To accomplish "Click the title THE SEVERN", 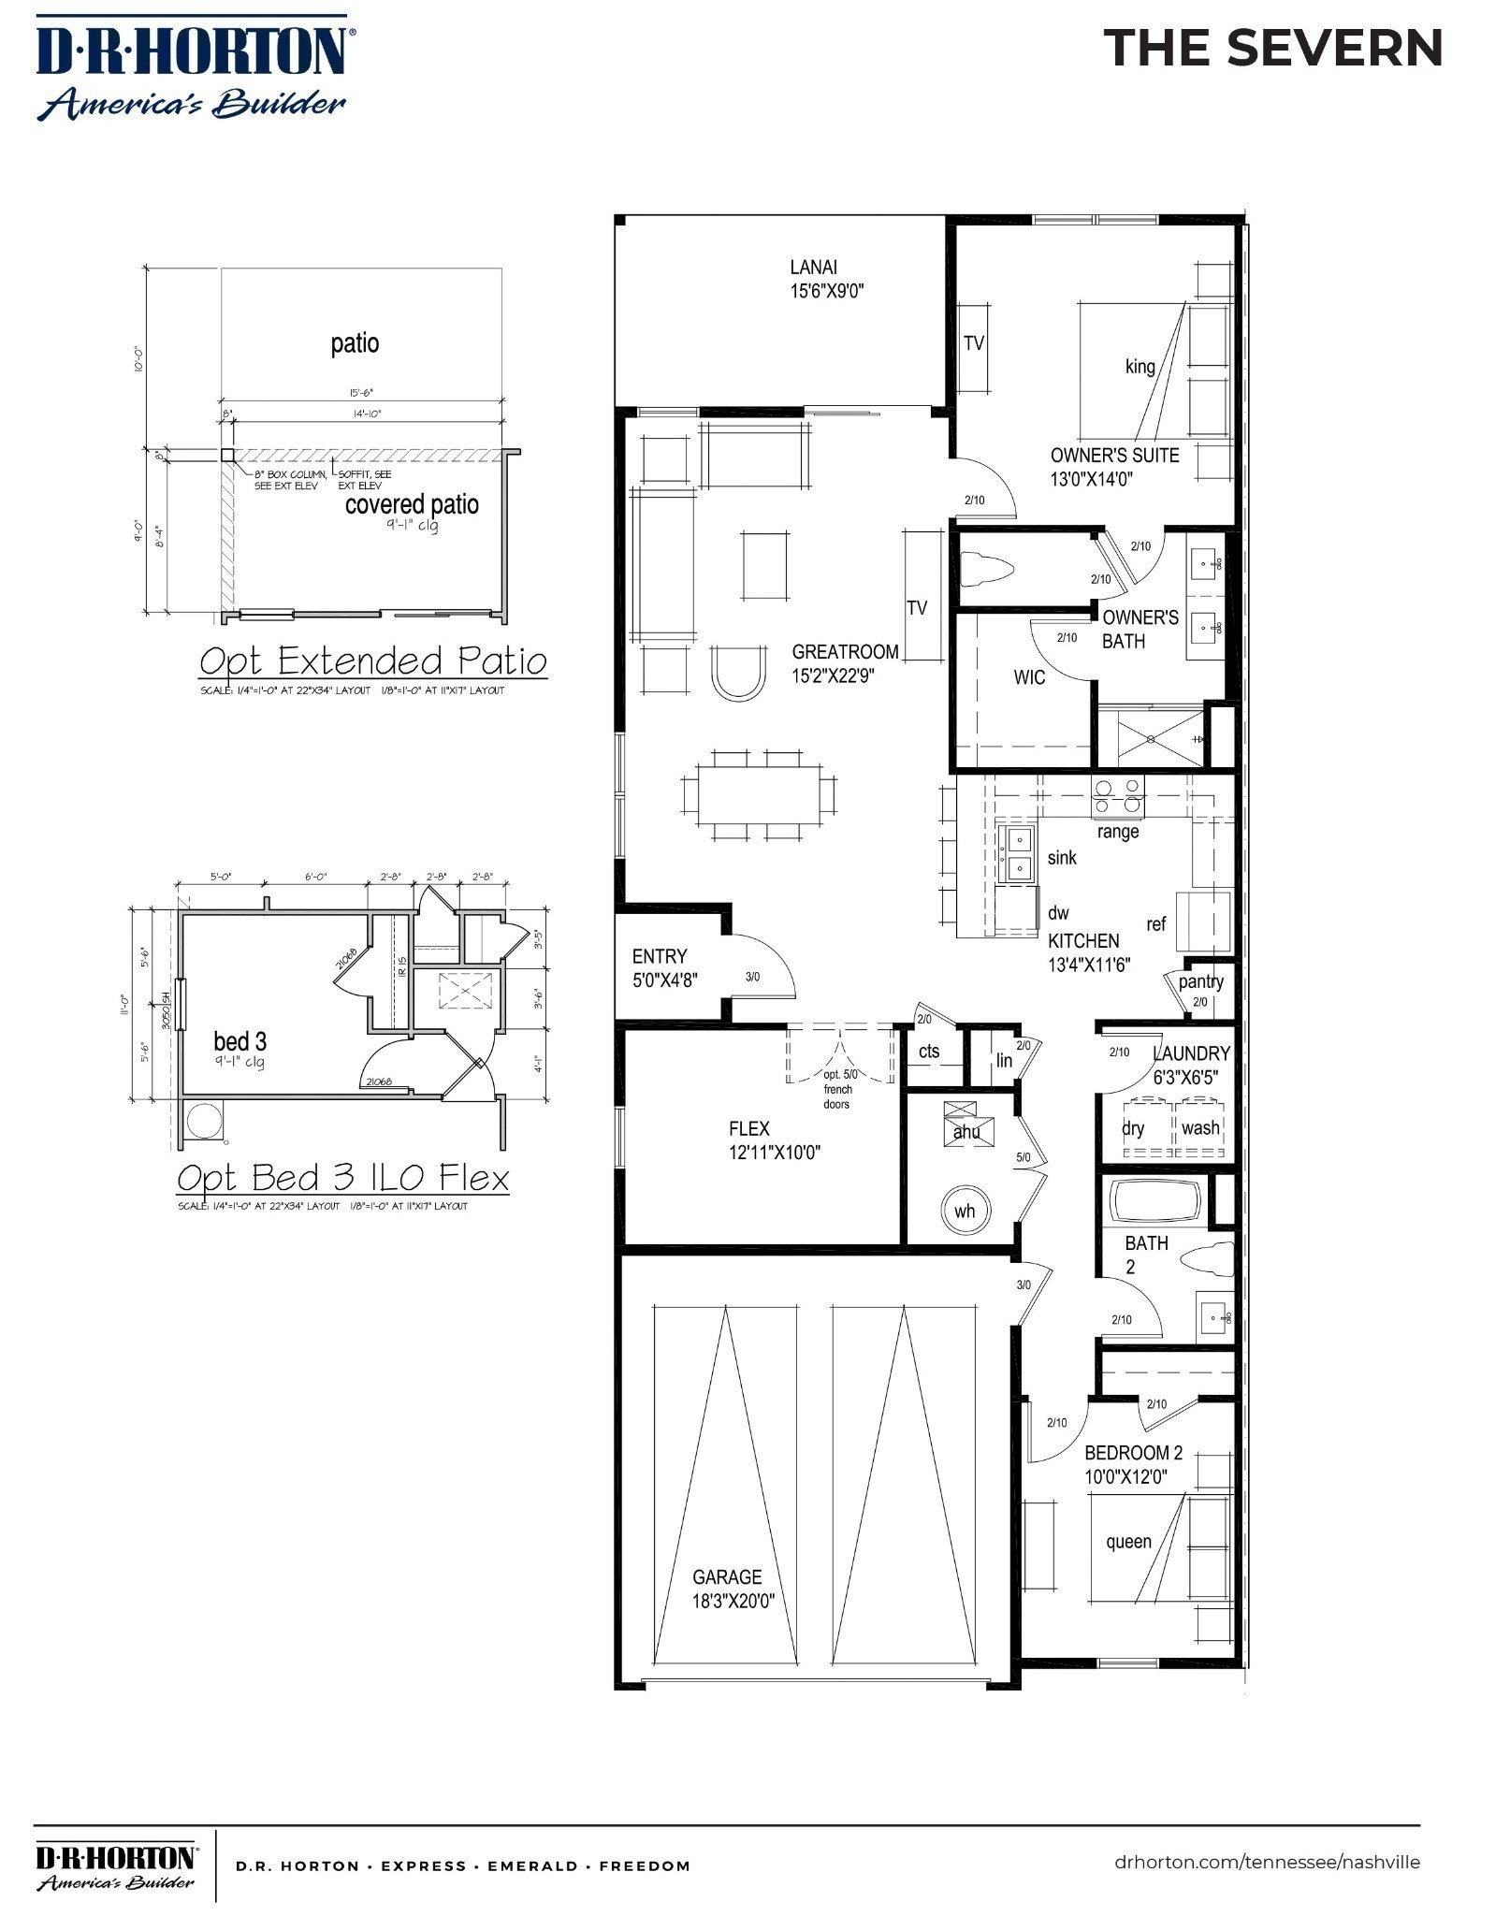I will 1273,48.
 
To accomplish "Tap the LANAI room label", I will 813,268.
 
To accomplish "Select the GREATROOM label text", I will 845,652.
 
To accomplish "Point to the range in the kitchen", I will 1118,796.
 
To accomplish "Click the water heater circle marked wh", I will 965,1211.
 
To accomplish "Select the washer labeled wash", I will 1199,1128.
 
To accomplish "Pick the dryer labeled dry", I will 1134,1128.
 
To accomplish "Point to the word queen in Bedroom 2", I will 1128,1541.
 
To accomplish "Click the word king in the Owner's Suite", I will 1140,367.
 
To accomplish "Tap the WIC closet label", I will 1029,677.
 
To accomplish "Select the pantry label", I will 1200,981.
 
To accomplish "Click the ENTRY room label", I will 659,956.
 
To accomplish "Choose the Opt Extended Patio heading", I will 372,661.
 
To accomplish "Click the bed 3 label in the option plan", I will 240,1041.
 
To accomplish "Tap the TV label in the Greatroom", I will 917,608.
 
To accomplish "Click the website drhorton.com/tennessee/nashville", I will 1267,1862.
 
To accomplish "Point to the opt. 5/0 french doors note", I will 837,1089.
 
